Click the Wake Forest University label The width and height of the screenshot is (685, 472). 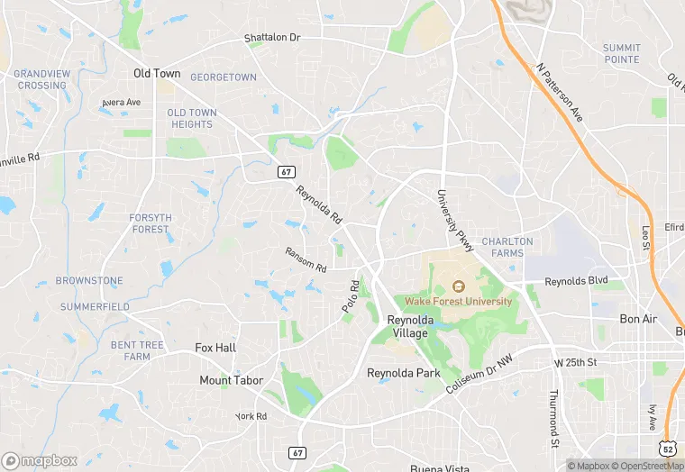pyautogui.click(x=458, y=301)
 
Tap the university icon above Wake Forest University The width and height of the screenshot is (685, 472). pyautogui.click(x=458, y=286)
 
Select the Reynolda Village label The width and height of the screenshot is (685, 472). pyautogui.click(x=410, y=326)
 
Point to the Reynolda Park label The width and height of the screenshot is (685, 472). pyautogui.click(x=402, y=372)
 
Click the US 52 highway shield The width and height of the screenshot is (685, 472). pyautogui.click(x=667, y=447)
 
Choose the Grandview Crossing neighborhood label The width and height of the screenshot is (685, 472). pyautogui.click(x=41, y=79)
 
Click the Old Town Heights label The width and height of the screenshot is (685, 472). pyautogui.click(x=191, y=118)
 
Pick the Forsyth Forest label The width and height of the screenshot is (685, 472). pyautogui.click(x=150, y=222)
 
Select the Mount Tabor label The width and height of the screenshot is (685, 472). pyautogui.click(x=232, y=380)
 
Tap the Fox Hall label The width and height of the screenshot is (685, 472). pyautogui.click(x=215, y=348)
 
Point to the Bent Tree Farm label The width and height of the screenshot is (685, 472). pyautogui.click(x=137, y=350)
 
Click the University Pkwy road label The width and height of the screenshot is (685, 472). pyautogui.click(x=454, y=221)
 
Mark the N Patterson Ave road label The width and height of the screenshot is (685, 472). pyautogui.click(x=559, y=92)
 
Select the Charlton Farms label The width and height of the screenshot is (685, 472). pyautogui.click(x=507, y=247)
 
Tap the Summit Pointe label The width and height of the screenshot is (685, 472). pyautogui.click(x=622, y=53)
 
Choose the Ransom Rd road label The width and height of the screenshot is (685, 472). pyautogui.click(x=306, y=260)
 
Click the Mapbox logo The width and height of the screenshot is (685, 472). pyautogui.click(x=41, y=460)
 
